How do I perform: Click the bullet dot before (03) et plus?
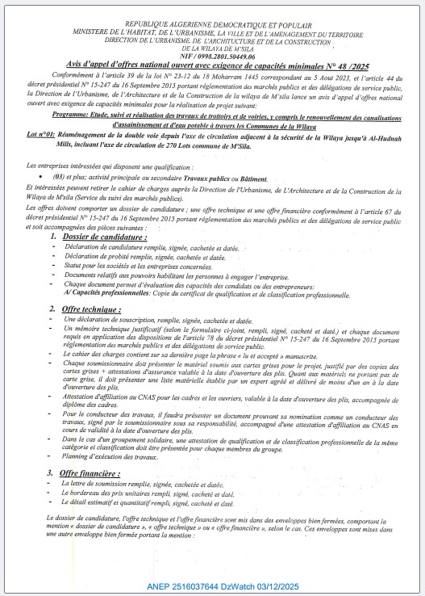[40, 176]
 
